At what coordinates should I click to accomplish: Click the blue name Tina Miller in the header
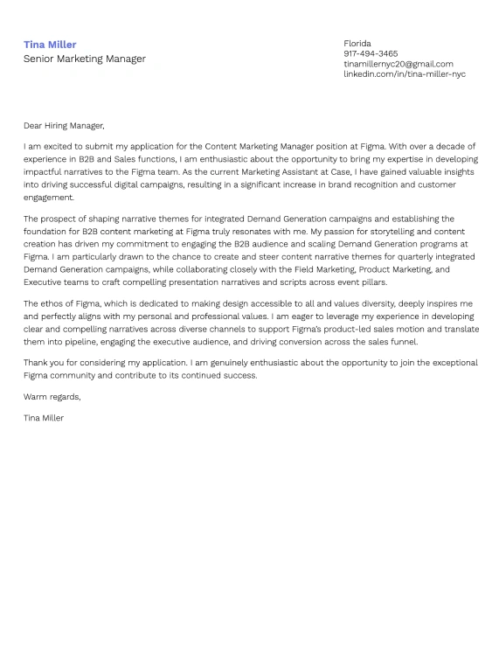click(x=50, y=45)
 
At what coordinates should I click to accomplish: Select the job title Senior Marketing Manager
click(x=84, y=59)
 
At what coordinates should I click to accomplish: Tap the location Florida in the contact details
click(x=357, y=44)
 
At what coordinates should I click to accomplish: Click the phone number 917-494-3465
click(x=371, y=54)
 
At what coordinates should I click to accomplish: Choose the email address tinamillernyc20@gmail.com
click(x=398, y=64)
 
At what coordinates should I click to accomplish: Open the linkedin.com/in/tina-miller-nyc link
click(x=404, y=74)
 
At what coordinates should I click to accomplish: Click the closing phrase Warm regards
click(x=52, y=397)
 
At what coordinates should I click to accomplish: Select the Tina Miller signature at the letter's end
click(x=44, y=418)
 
